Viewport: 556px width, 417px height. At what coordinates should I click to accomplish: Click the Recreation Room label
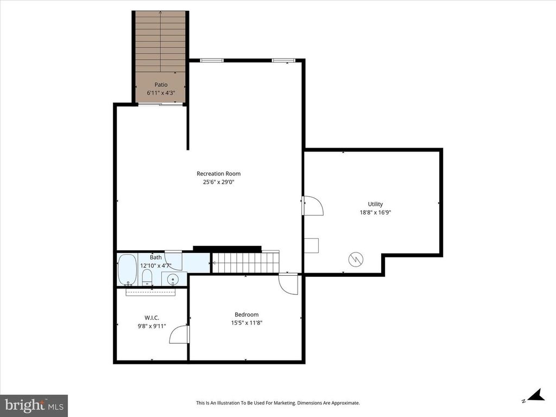tap(218, 173)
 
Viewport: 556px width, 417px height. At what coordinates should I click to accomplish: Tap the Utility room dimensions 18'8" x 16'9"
tap(375, 212)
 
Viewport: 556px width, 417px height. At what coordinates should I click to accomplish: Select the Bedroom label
tap(247, 314)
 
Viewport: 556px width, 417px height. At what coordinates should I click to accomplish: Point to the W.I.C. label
tap(152, 318)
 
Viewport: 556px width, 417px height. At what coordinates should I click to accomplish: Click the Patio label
tap(161, 85)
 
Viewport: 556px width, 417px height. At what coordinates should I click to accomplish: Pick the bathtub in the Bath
tap(127, 269)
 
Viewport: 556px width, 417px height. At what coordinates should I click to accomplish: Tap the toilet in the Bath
tap(147, 277)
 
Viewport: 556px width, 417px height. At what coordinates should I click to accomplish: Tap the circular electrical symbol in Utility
tap(356, 259)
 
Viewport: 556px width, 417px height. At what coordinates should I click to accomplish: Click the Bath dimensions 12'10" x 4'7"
tap(156, 265)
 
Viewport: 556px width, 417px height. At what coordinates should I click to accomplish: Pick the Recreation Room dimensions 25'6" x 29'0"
tap(218, 182)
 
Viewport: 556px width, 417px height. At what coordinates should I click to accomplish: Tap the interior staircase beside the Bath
tap(246, 262)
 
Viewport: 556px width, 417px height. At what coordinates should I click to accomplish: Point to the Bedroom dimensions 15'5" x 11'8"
tap(247, 323)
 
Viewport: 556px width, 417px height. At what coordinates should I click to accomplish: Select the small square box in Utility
tap(311, 245)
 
